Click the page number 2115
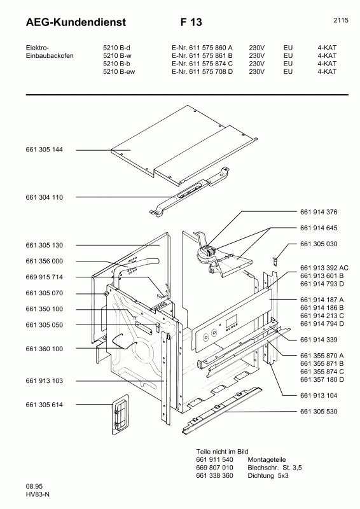coord(340,20)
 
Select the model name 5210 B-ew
coord(120,72)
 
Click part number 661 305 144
coord(44,150)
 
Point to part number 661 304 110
coord(44,197)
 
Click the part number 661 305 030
coord(318,244)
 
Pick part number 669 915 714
coord(44,277)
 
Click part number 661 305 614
coord(44,405)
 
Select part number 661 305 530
coord(318,412)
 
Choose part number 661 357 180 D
coord(322,379)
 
